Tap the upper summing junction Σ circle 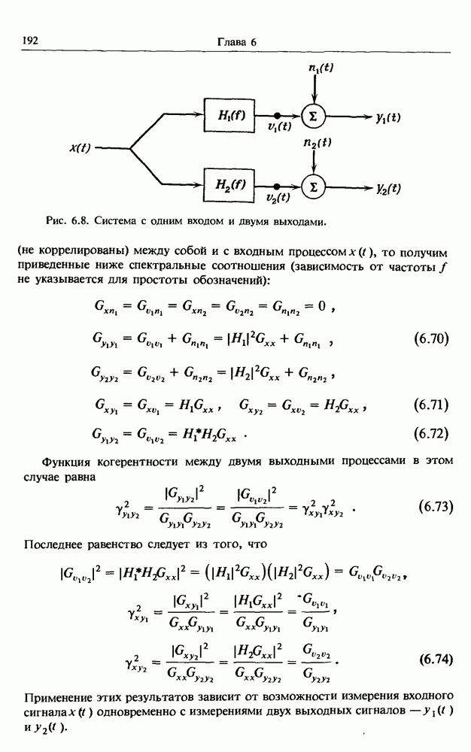pos(312,115)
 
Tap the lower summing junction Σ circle pos(312,186)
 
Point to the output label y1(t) pos(388,117)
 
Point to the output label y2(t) pos(388,188)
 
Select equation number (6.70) pos(431,338)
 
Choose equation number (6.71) pos(431,406)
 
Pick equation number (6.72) pos(431,433)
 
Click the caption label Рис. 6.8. pos(68,222)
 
